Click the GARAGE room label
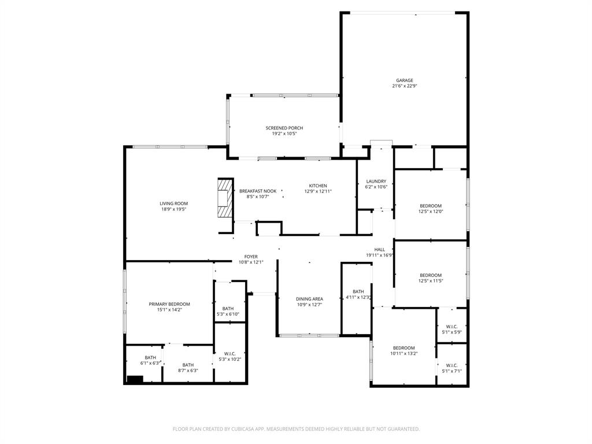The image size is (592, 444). click(405, 80)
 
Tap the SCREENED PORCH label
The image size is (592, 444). click(284, 128)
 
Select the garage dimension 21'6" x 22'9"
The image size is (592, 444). click(405, 86)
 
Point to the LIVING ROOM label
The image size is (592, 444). click(173, 203)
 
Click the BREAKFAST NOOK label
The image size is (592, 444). click(258, 191)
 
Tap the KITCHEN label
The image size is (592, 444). click(317, 186)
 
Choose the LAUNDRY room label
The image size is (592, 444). click(375, 181)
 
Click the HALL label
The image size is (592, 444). click(379, 249)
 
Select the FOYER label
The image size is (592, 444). click(251, 256)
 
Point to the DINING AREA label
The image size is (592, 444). click(309, 299)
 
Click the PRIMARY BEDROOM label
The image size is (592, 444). click(169, 304)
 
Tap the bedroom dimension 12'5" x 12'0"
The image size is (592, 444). click(431, 212)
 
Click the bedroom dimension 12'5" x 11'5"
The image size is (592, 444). click(431, 281)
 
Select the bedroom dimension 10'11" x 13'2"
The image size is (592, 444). click(404, 354)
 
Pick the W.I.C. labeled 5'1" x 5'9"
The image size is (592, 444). click(452, 330)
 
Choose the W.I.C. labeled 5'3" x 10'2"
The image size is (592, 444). click(230, 357)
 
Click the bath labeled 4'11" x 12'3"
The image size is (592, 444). click(358, 295)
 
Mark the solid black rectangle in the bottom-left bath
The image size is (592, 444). click(135, 379)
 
